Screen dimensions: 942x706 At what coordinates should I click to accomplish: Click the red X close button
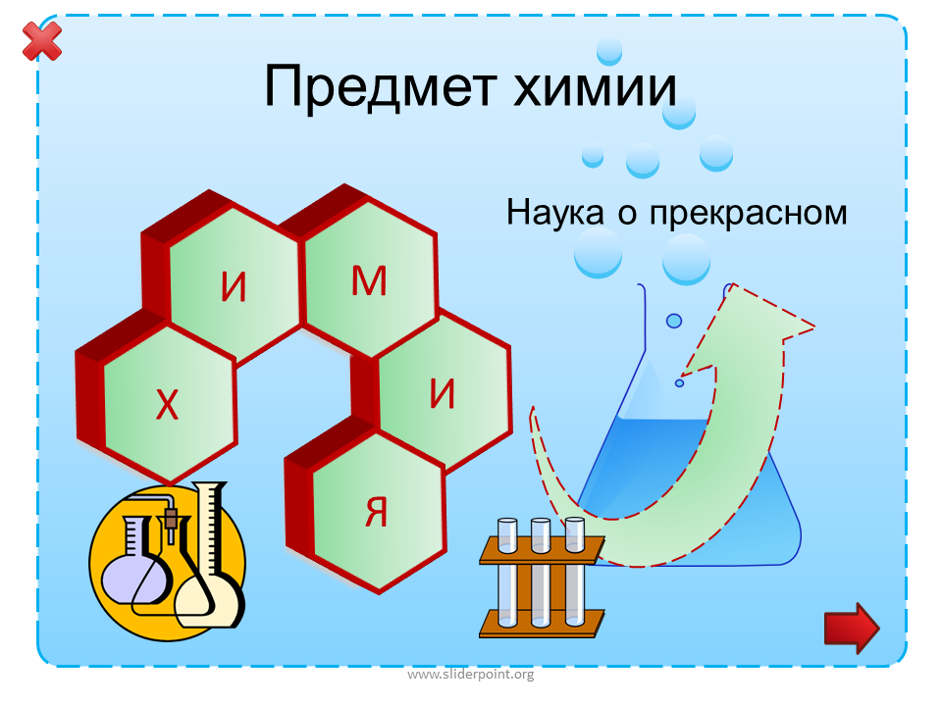pos(42,41)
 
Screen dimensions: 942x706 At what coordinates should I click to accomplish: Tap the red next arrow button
pos(852,628)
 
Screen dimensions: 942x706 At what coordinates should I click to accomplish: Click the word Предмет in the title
pos(381,87)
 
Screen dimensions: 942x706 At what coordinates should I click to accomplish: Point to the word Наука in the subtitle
pos(555,213)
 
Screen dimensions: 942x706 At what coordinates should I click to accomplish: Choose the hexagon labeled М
pos(370,279)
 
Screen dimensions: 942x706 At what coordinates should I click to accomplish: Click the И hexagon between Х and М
pos(235,285)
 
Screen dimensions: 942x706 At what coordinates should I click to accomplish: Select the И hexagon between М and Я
pos(444,393)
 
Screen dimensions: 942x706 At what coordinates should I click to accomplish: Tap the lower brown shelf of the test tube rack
pos(542,624)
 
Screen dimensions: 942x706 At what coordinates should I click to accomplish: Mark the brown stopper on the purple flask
pos(171,519)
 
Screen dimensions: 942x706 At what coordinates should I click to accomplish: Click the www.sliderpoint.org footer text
pos(470,675)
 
